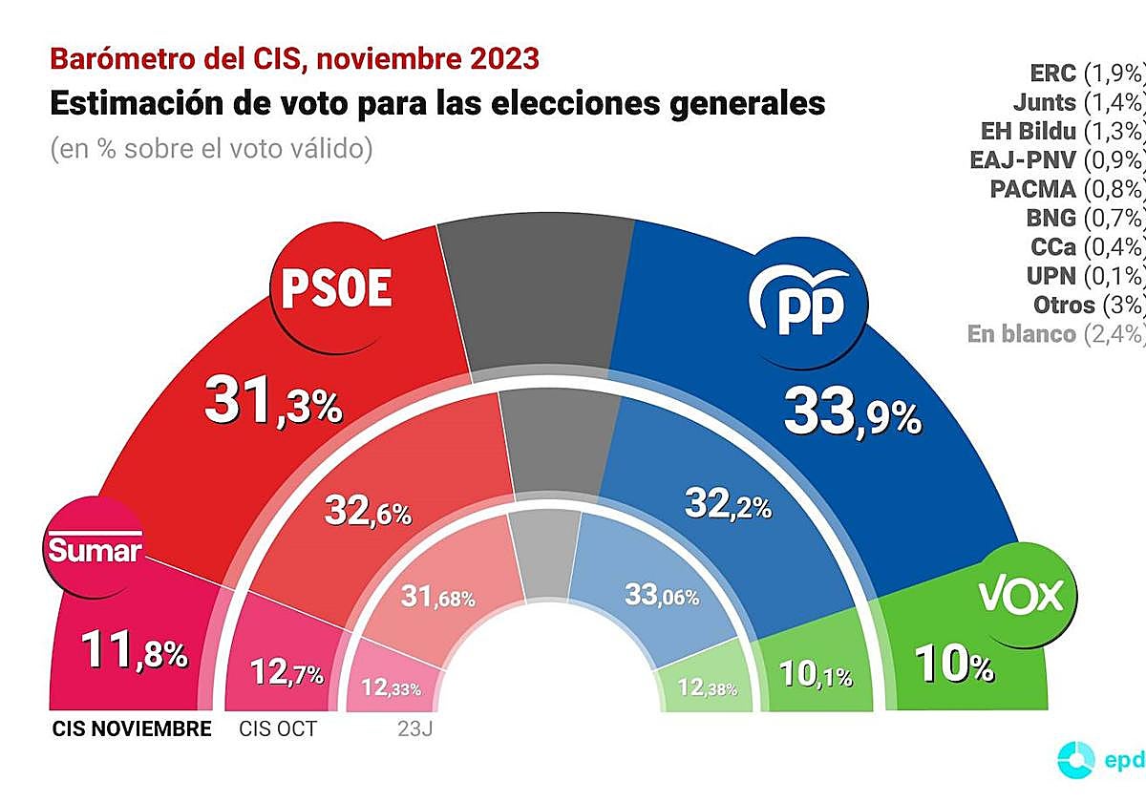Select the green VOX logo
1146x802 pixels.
point(1020,596)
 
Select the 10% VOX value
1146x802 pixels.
point(955,663)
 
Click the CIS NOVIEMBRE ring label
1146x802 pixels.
point(131,729)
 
